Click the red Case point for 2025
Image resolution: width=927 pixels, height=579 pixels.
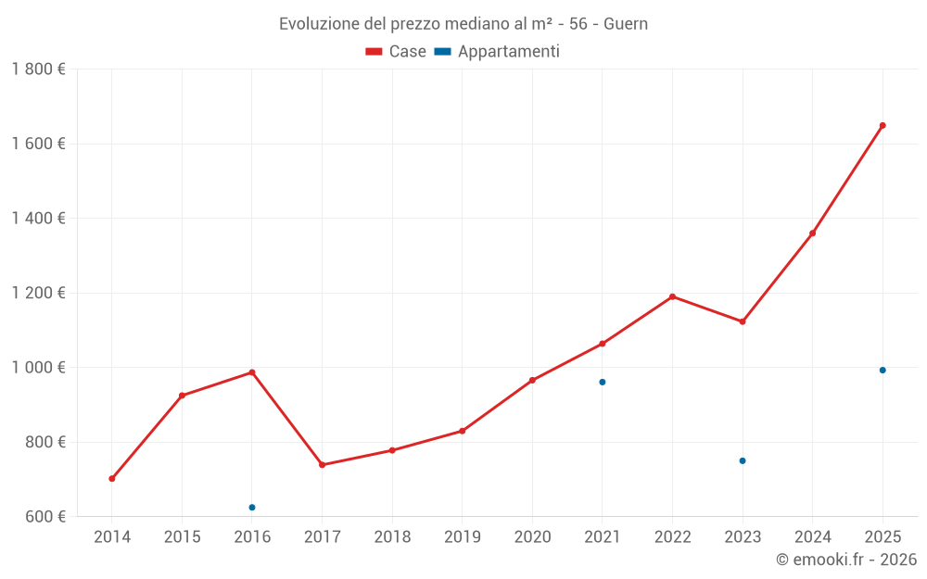883,125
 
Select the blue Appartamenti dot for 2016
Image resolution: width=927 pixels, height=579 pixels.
252,508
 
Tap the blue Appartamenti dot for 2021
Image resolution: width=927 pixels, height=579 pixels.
603,382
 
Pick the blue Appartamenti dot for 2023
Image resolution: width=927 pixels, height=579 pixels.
743,460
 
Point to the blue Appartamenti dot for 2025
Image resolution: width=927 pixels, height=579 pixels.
883,370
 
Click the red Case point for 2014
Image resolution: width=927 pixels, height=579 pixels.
112,479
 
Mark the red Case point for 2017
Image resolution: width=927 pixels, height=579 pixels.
322,465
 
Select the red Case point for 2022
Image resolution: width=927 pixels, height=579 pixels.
672,296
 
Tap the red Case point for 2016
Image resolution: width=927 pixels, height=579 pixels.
252,372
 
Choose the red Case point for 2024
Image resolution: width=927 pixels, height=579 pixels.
813,233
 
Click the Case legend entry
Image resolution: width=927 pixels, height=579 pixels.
396,52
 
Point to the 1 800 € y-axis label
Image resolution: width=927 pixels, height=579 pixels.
38,69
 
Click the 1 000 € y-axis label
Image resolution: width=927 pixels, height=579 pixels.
38,368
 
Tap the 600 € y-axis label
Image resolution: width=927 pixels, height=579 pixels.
44,517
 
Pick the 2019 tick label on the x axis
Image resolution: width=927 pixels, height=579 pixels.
462,537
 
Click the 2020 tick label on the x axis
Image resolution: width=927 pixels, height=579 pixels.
532,537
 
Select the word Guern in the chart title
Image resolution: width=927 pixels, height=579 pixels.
626,24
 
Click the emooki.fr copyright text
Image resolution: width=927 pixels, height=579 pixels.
845,560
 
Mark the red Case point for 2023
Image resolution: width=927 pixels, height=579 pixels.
743,321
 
